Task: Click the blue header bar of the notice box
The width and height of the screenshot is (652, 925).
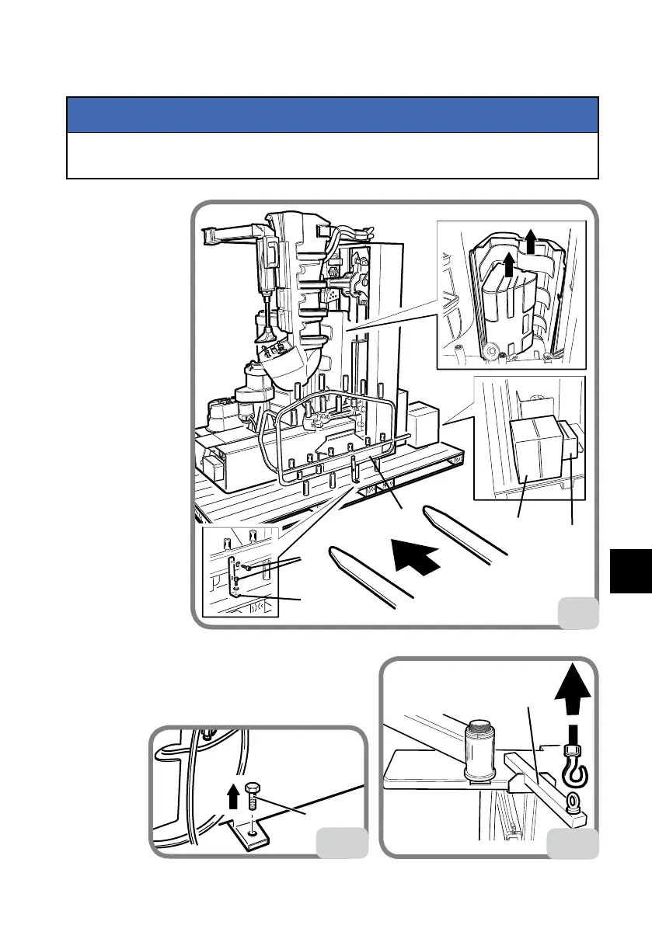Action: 332,115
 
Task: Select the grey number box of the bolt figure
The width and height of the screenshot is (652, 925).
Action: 343,842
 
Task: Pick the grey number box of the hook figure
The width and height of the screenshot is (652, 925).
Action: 574,842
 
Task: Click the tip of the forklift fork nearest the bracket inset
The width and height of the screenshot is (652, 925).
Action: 336,554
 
